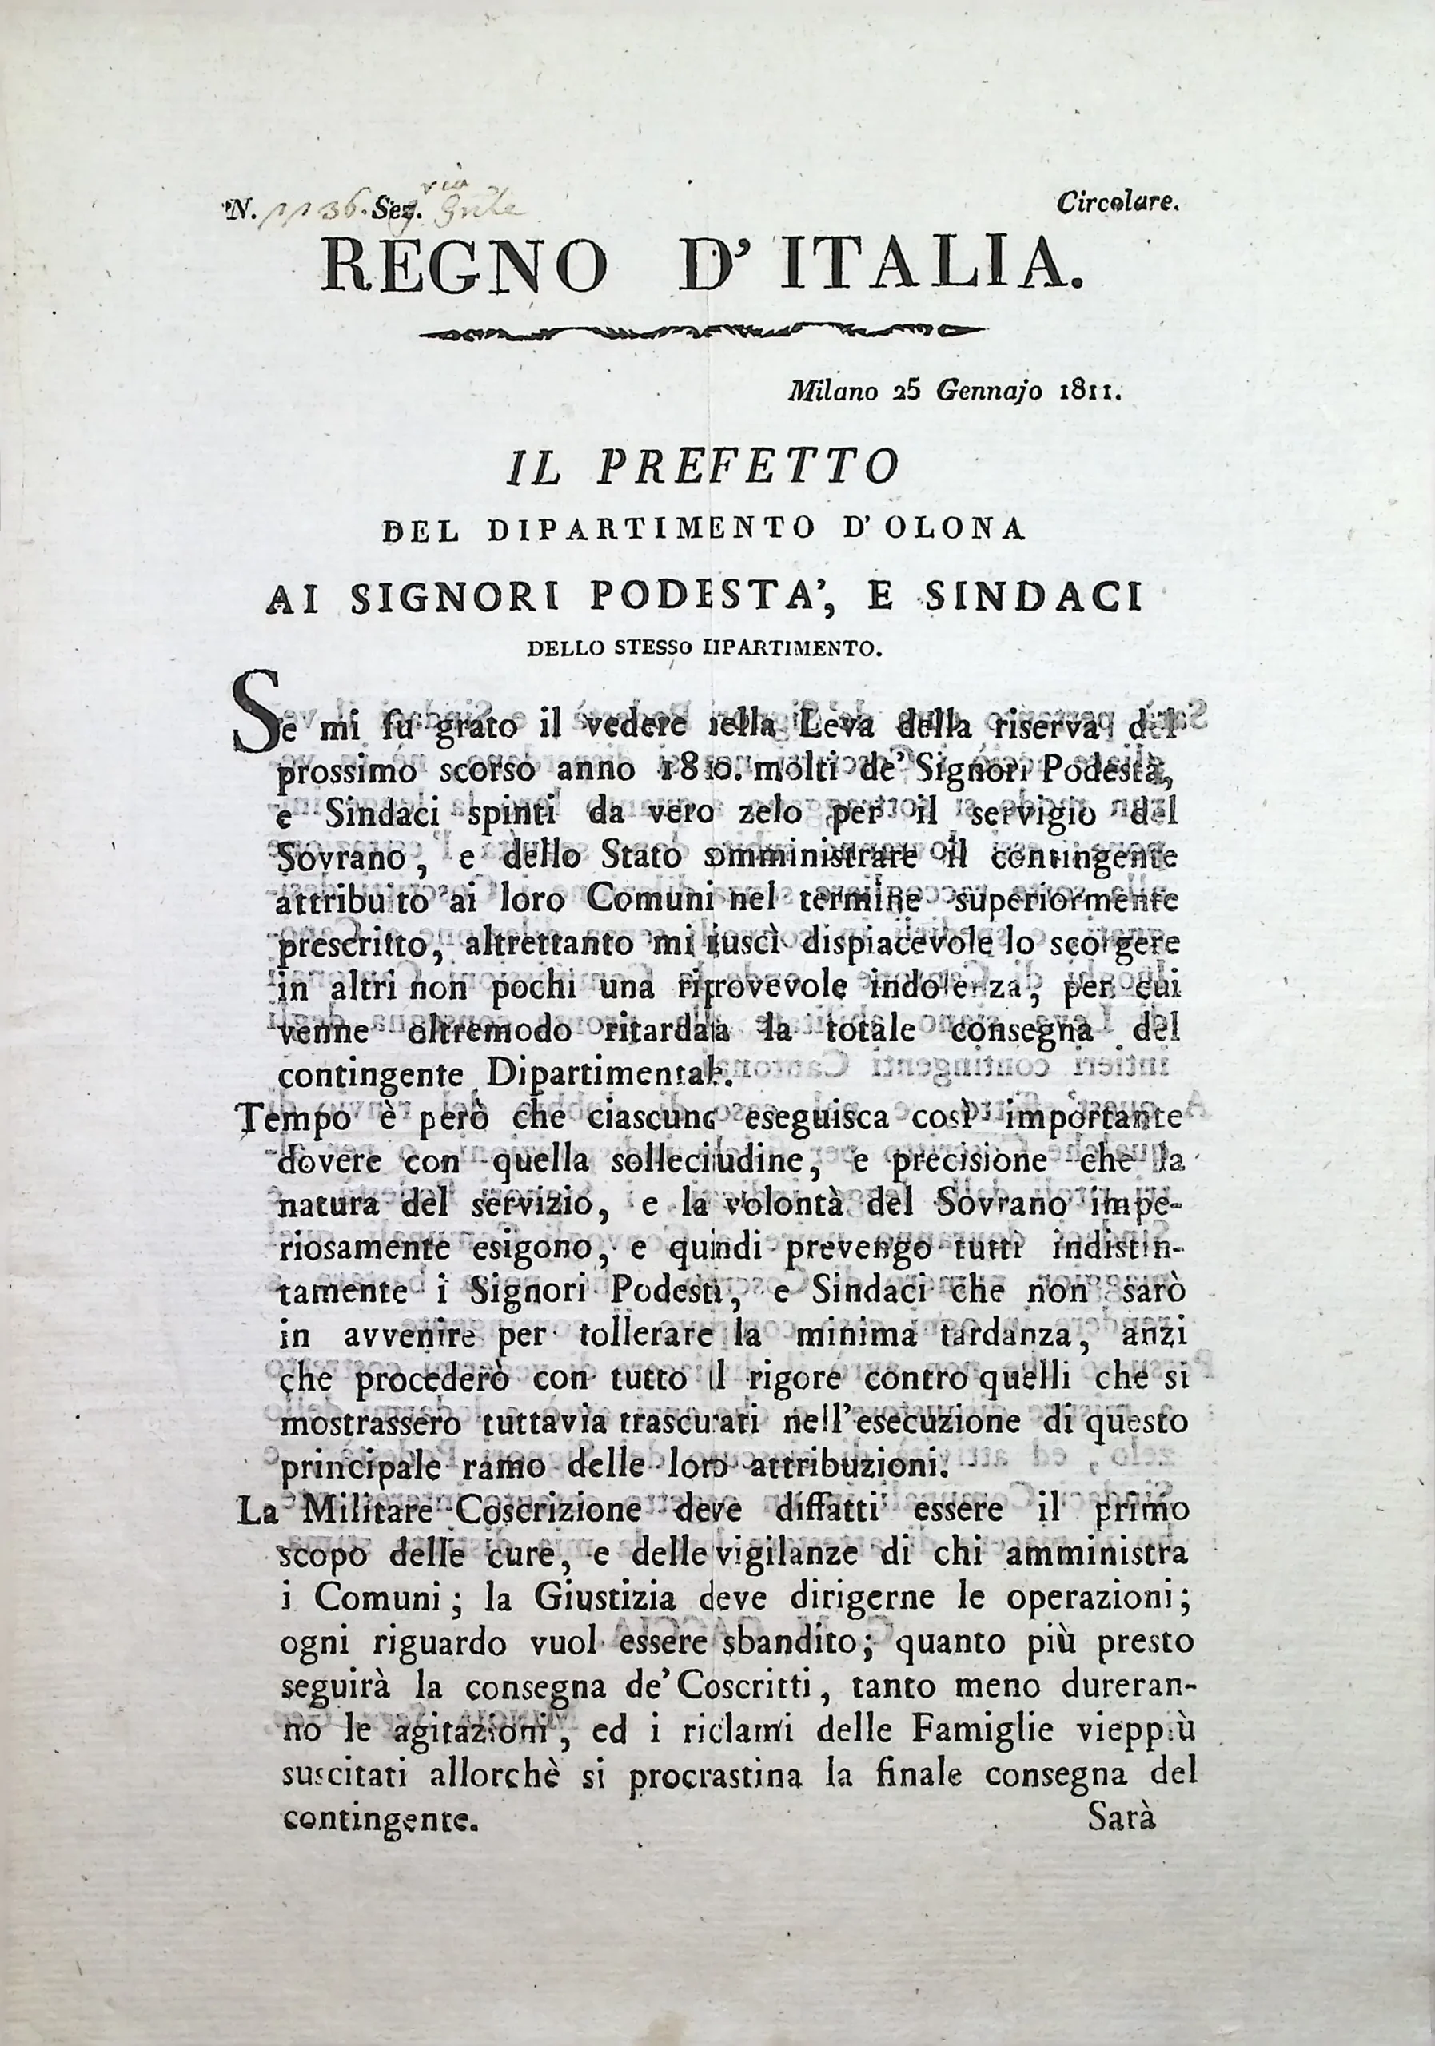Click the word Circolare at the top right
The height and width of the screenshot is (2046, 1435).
tap(1118, 203)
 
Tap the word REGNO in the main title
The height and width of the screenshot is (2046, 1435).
tap(464, 265)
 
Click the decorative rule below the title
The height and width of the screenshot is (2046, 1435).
tap(703, 333)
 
